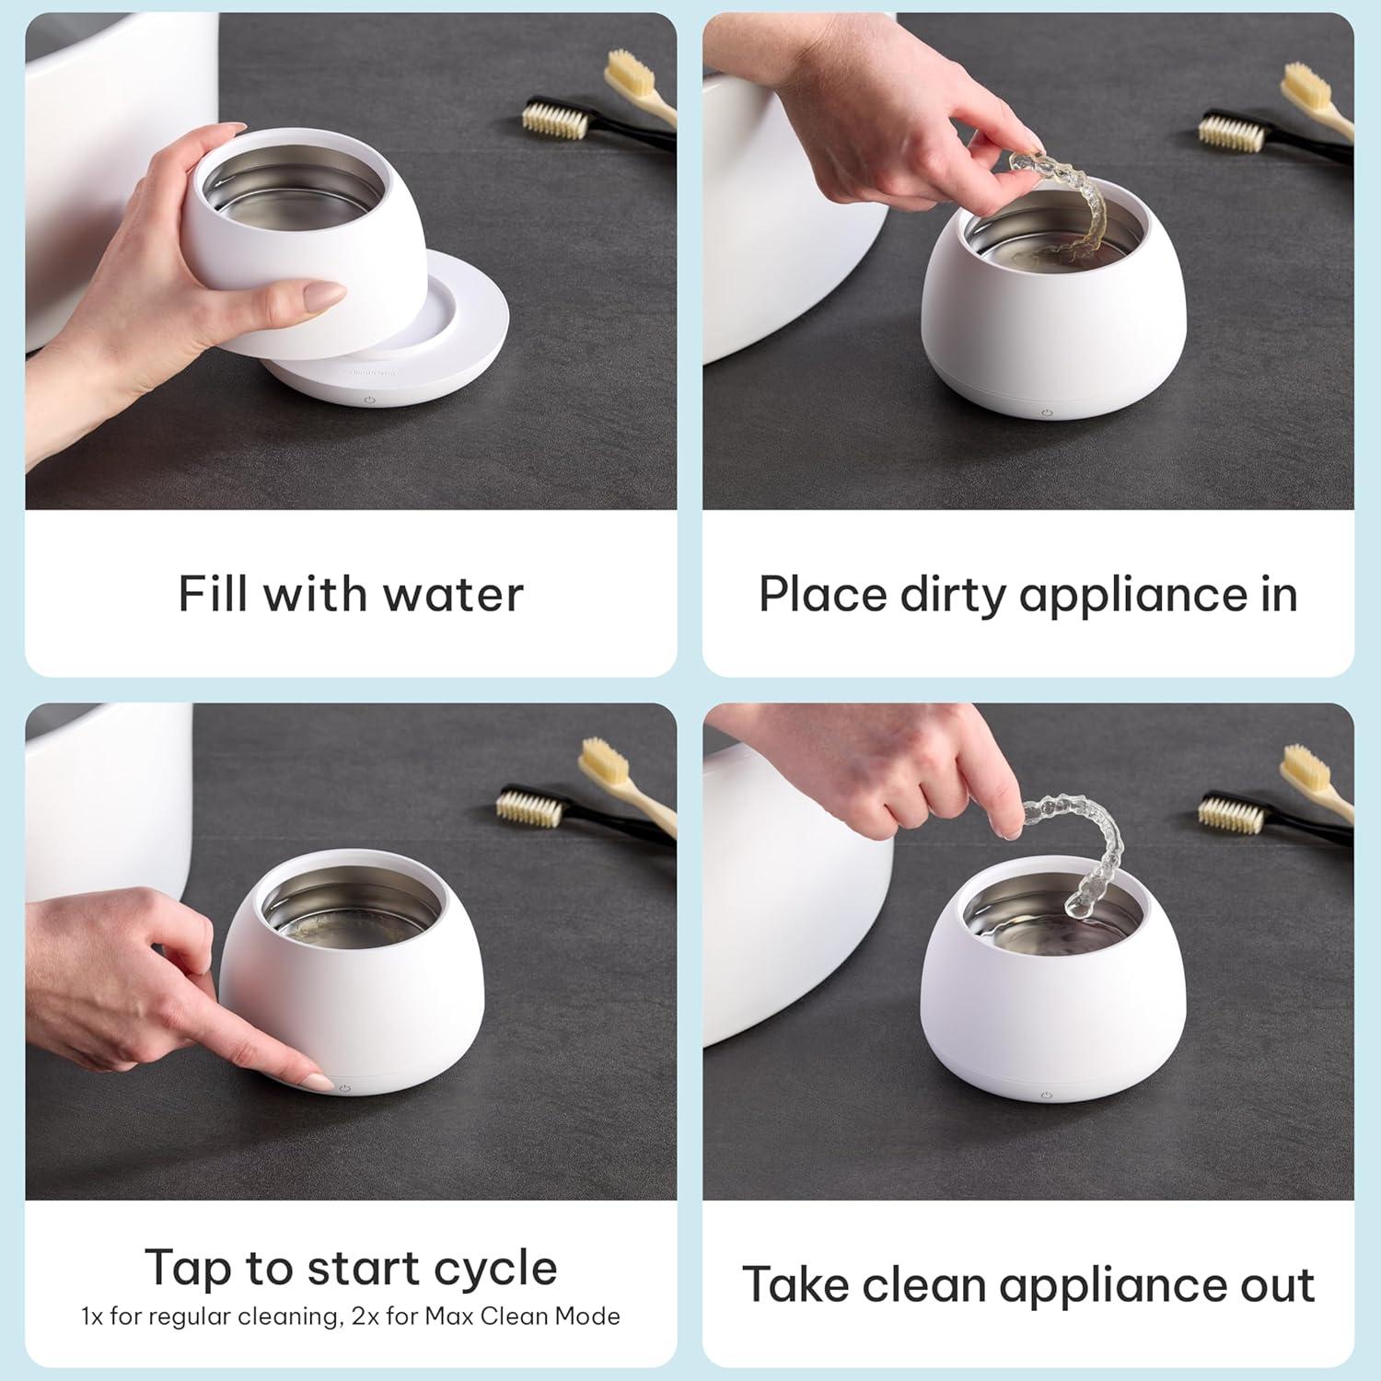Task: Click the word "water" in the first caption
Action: [x=453, y=594]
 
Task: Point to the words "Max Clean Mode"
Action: [x=522, y=1317]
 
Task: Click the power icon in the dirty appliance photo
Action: [x=1047, y=412]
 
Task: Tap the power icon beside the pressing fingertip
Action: [x=345, y=1088]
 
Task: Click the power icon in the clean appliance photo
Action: [x=1046, y=1096]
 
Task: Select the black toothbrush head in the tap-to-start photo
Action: [x=528, y=807]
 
